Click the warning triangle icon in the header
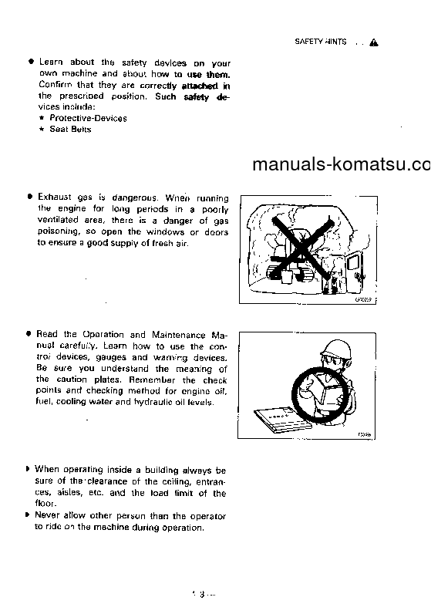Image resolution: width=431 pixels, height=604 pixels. click(x=373, y=42)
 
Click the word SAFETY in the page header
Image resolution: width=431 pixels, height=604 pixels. click(x=309, y=42)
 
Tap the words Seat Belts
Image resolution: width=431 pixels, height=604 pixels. click(x=70, y=129)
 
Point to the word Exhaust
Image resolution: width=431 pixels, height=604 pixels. click(x=55, y=197)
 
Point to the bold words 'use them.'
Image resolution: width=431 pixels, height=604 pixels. click(x=208, y=74)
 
